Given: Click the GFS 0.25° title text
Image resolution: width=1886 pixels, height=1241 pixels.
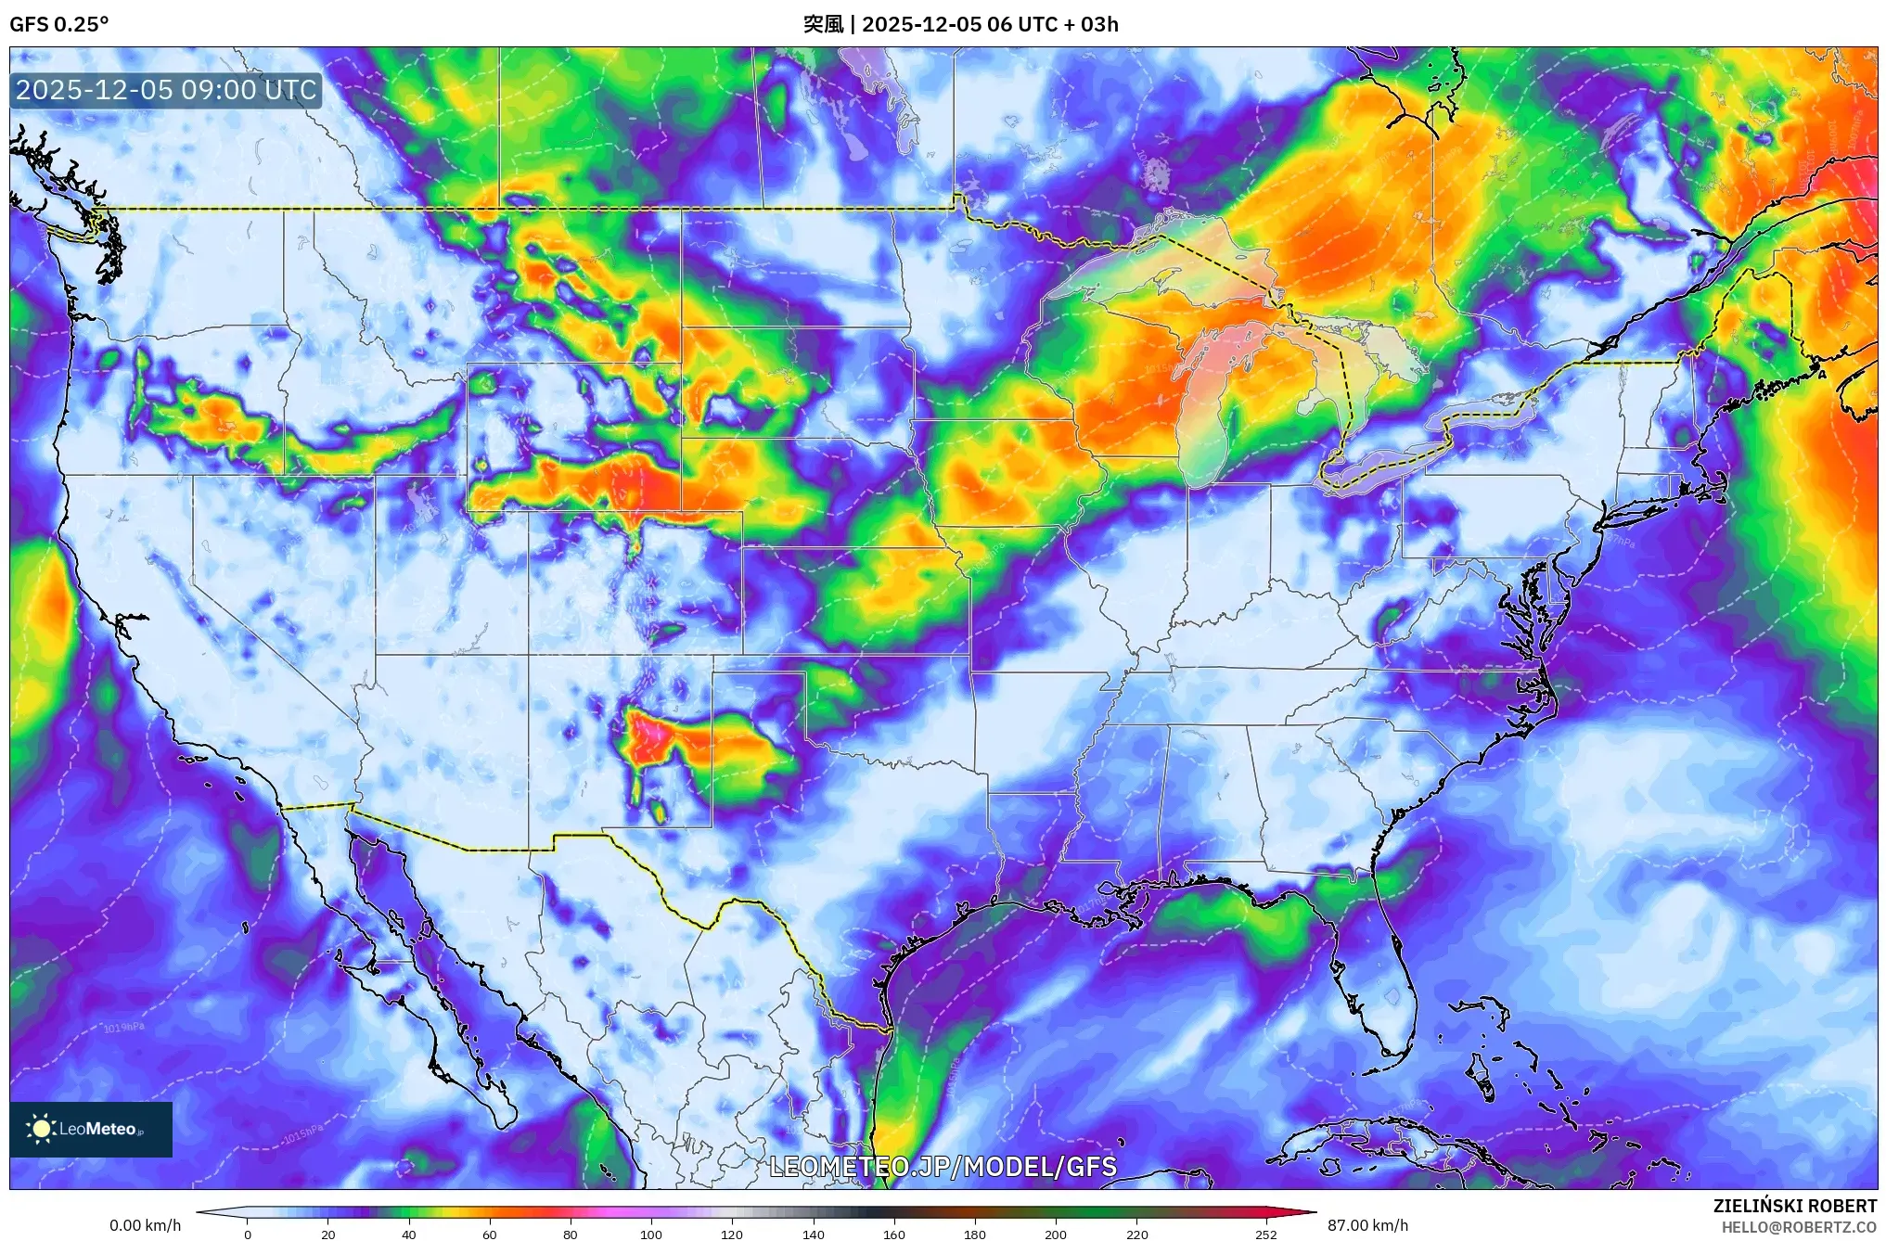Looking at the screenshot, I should tap(58, 24).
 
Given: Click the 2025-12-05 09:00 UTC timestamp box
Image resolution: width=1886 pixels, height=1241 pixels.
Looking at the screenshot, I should tap(166, 90).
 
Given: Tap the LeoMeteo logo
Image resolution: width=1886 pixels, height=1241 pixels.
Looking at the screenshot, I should tap(90, 1129).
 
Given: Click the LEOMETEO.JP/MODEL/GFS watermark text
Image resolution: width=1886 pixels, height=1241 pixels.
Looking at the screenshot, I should tap(943, 1166).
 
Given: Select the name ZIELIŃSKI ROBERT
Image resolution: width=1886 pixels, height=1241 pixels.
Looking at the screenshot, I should tap(1794, 1206).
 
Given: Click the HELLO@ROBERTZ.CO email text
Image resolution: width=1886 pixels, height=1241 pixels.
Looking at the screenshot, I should tap(1799, 1227).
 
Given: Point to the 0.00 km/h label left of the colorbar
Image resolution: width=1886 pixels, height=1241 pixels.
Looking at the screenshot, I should tap(145, 1225).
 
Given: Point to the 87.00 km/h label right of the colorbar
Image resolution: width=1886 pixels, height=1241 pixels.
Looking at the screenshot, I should tap(1367, 1225).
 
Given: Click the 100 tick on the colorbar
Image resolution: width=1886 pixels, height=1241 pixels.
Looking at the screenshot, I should tap(651, 1234).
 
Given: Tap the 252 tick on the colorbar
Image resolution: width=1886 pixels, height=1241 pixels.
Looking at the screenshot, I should tap(1265, 1234).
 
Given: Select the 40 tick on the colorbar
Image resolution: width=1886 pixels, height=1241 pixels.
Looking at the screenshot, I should tap(408, 1234).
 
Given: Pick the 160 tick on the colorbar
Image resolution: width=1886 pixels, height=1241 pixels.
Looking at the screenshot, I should tap(893, 1234).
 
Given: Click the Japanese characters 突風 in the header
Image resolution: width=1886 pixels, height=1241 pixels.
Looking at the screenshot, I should tap(823, 24).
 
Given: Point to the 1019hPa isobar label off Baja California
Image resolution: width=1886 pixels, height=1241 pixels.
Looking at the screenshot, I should tap(123, 1028).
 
